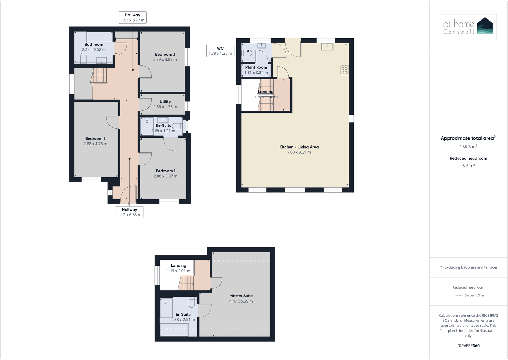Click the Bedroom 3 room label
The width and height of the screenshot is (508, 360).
click(x=165, y=54)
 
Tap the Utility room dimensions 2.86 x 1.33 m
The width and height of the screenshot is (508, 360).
click(x=165, y=107)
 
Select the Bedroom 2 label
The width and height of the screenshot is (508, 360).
click(x=95, y=139)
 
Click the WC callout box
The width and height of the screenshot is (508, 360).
click(x=220, y=51)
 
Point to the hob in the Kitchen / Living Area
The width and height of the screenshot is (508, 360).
click(x=344, y=70)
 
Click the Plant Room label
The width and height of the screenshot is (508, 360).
click(x=256, y=67)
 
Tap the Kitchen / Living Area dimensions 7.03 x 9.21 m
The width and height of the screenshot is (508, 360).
click(x=299, y=152)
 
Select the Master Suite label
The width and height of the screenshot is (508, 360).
click(x=241, y=296)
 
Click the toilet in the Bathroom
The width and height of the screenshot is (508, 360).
click(x=83, y=58)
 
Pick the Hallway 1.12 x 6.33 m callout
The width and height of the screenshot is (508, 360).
click(x=129, y=212)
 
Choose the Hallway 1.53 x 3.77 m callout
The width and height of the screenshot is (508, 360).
click(x=133, y=18)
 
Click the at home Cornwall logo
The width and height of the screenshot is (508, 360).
click(x=467, y=27)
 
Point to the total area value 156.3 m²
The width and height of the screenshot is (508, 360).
click(x=468, y=147)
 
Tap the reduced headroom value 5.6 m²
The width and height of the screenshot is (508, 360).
click(x=468, y=166)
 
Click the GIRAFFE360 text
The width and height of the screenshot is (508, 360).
click(x=468, y=346)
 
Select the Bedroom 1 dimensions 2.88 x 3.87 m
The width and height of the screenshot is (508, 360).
click(x=165, y=176)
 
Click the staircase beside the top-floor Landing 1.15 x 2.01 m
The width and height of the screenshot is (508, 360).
click(x=186, y=283)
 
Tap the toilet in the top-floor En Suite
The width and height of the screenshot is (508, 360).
click(x=192, y=302)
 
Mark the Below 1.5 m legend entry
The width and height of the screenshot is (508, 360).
click(x=474, y=295)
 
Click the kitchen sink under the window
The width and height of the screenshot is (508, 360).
click(x=327, y=47)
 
